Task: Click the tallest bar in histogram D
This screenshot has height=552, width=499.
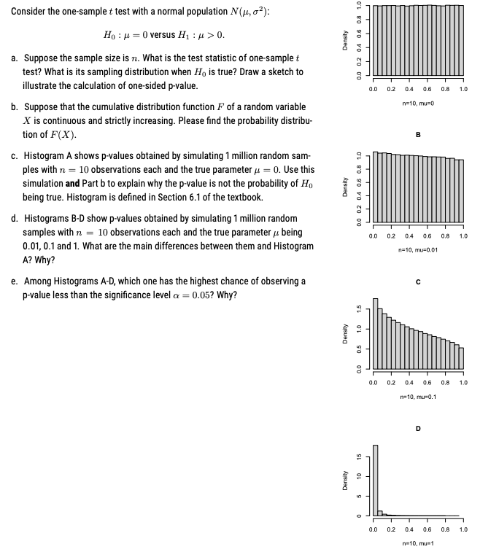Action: [375, 480]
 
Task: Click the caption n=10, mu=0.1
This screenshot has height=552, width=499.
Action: [418, 396]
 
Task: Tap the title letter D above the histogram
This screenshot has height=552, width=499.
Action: [418, 428]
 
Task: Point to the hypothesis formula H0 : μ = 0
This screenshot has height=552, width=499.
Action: [134, 34]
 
